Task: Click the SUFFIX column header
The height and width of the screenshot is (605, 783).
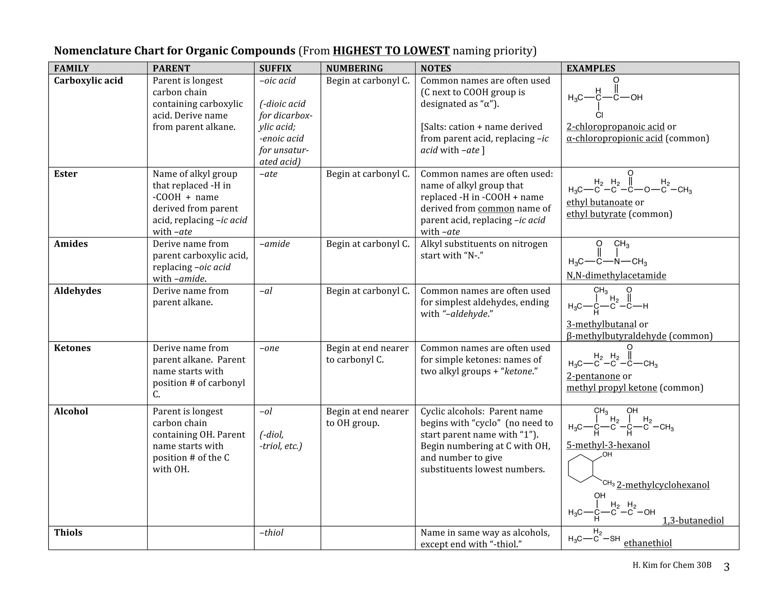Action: coord(275,68)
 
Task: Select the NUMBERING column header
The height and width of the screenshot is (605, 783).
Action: coord(354,68)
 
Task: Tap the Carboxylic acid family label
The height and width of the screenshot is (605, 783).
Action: coord(88,81)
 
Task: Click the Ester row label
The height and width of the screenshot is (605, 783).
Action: coord(65,174)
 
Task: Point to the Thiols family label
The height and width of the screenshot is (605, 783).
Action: coord(68,533)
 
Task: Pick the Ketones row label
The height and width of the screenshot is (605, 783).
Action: coord(72,348)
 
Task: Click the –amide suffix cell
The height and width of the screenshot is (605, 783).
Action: coord(275,244)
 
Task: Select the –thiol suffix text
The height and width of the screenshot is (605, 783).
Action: coord(271,533)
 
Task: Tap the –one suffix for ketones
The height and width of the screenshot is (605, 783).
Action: coord(269,348)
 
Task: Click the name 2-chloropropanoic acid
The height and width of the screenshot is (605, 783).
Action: coord(615,127)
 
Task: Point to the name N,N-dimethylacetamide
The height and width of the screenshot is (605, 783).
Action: coord(616,276)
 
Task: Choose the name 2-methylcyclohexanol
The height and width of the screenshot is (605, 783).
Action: coord(663,485)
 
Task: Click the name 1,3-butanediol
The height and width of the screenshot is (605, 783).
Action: coord(693,521)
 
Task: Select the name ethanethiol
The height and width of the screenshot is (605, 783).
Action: coord(648,543)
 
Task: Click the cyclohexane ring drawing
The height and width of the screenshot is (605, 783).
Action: coord(580,468)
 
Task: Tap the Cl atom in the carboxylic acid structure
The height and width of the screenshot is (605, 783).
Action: coord(599,115)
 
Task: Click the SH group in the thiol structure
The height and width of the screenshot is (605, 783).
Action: coord(615,539)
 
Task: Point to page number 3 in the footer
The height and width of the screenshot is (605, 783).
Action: coord(726,567)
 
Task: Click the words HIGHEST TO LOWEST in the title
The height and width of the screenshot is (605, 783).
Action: coord(391,51)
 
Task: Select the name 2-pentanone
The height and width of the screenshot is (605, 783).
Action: coord(593,376)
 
